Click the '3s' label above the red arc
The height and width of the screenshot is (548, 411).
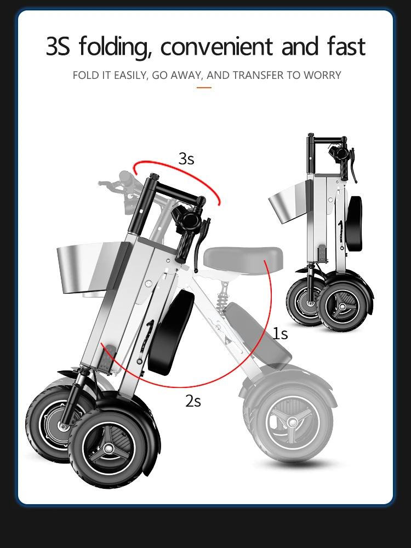coord(186,159)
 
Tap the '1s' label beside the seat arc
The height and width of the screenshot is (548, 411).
coord(280,333)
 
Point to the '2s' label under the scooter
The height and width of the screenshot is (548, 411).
coord(193,401)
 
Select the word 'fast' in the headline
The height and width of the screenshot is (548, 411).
coord(344,47)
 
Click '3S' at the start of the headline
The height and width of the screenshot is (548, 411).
coord(58,47)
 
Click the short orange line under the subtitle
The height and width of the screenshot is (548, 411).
coord(204,87)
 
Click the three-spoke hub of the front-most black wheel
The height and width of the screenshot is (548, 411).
coord(110,448)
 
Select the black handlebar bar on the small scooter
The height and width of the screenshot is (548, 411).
coord(326,140)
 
